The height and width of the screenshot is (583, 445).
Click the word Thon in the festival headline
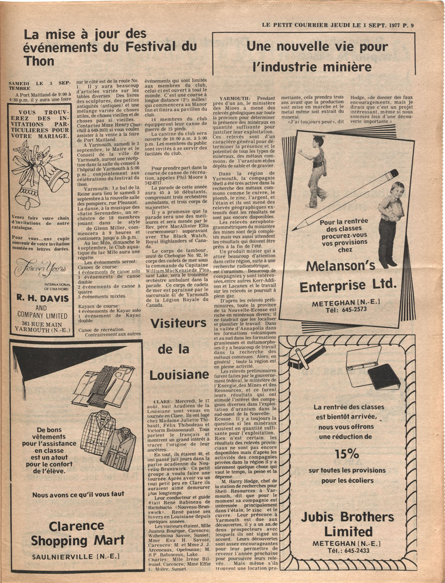point(39,61)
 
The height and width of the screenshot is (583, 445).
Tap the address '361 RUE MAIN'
point(42,324)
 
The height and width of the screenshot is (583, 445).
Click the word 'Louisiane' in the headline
point(179,375)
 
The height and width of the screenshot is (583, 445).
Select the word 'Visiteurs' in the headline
point(178,323)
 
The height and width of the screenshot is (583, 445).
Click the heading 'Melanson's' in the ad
point(340,266)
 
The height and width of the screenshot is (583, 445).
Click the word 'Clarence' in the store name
point(76,526)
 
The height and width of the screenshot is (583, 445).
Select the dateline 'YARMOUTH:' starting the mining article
point(234,98)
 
